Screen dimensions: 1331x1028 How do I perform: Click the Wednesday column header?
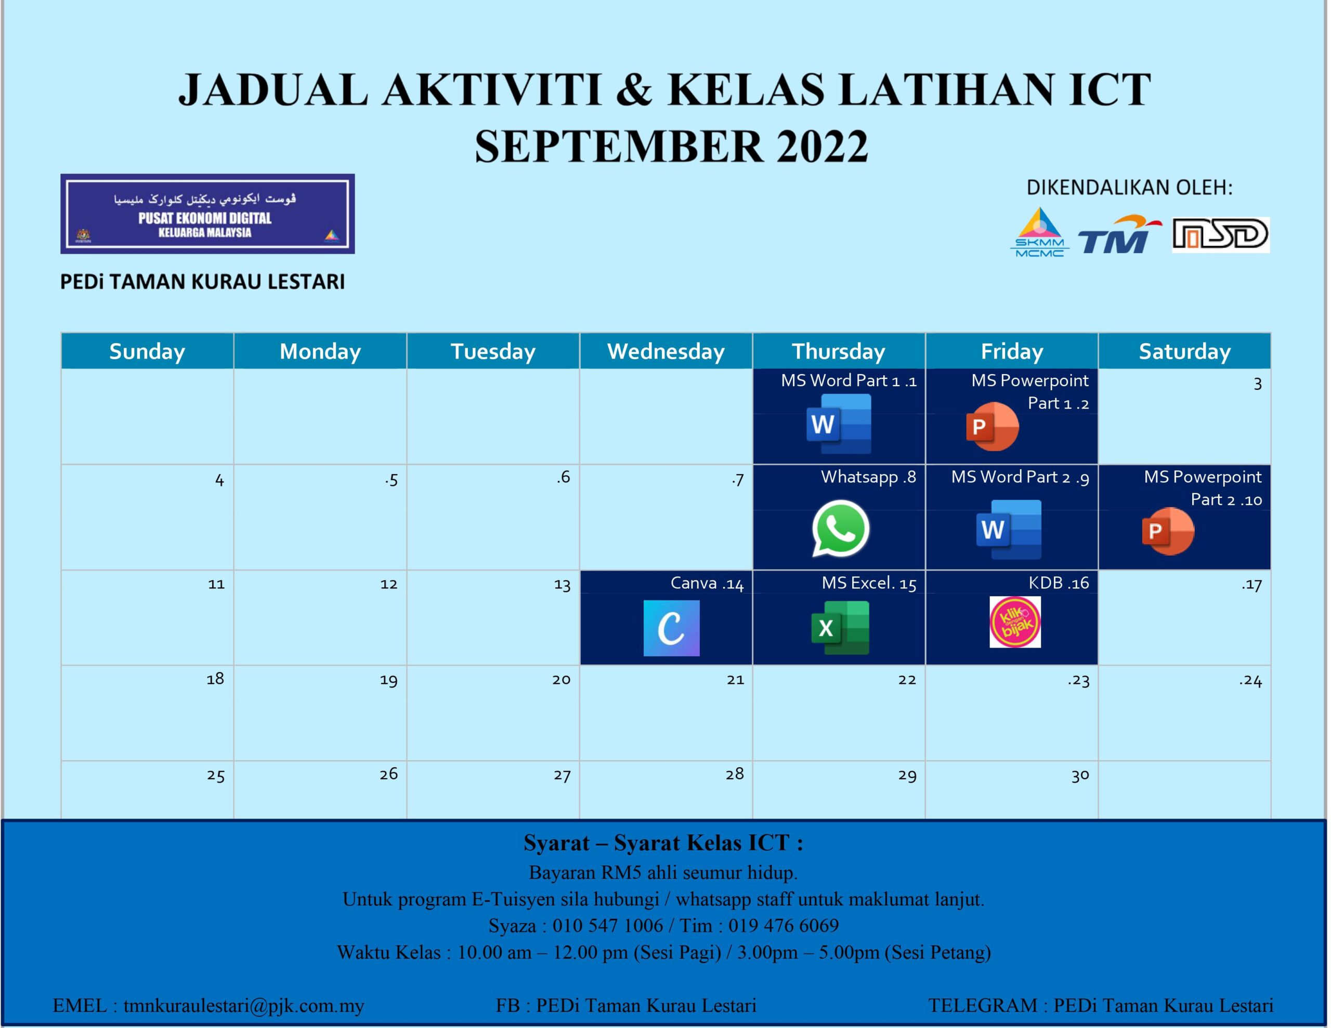tap(665, 352)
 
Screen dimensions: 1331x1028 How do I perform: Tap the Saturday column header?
tap(1184, 352)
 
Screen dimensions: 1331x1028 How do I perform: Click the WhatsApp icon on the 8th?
tap(840, 529)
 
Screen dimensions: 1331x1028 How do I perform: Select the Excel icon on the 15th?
tap(840, 628)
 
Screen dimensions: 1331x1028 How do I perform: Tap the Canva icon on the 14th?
tap(671, 628)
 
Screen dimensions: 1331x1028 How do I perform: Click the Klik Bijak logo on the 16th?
tap(1015, 622)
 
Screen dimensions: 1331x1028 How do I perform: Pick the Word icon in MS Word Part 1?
tap(839, 424)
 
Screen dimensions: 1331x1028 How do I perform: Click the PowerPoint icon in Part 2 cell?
tap(1168, 531)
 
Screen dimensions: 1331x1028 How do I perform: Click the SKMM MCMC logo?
tap(1040, 233)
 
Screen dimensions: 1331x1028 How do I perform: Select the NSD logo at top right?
tap(1221, 234)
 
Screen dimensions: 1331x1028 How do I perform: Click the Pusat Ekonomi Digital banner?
tap(207, 214)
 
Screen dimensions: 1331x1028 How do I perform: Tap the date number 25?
tap(216, 775)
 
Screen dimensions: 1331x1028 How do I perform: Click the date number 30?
tap(1080, 775)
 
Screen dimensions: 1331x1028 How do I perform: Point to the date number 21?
tap(735, 679)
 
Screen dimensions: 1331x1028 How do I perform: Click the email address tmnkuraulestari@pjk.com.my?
tap(244, 1005)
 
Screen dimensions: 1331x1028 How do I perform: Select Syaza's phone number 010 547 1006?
tap(608, 926)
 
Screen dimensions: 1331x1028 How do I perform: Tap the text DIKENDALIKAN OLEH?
tap(1129, 188)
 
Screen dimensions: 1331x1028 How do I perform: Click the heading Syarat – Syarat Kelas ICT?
tap(663, 843)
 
